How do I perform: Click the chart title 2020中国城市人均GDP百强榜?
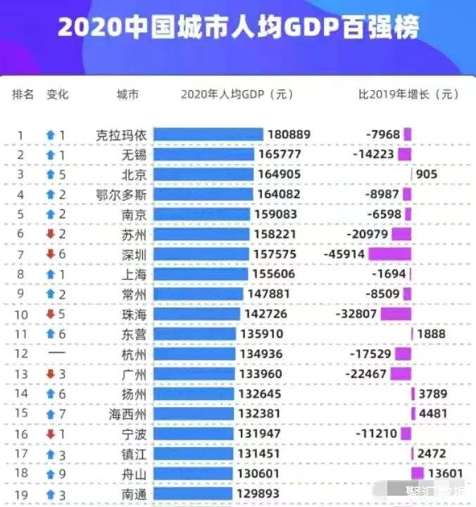click(238, 28)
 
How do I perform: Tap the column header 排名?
click(23, 94)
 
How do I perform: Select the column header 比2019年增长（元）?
click(408, 94)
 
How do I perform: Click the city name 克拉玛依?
click(121, 134)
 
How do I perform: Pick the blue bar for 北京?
click(203, 174)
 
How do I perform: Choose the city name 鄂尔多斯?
click(121, 194)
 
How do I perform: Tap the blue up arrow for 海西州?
click(51, 413)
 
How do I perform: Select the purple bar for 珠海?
click(396, 313)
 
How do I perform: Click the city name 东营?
click(134, 334)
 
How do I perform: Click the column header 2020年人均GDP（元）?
click(237, 94)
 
